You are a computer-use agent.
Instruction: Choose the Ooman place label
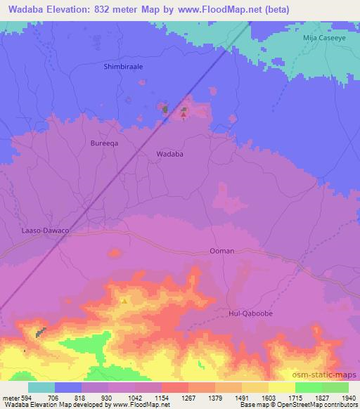click(x=221, y=250)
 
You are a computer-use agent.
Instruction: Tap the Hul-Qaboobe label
click(x=251, y=314)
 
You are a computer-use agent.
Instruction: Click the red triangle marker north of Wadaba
click(x=184, y=114)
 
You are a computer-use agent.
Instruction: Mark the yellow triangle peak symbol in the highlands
click(x=124, y=301)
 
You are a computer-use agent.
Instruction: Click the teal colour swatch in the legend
click(x=41, y=387)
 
